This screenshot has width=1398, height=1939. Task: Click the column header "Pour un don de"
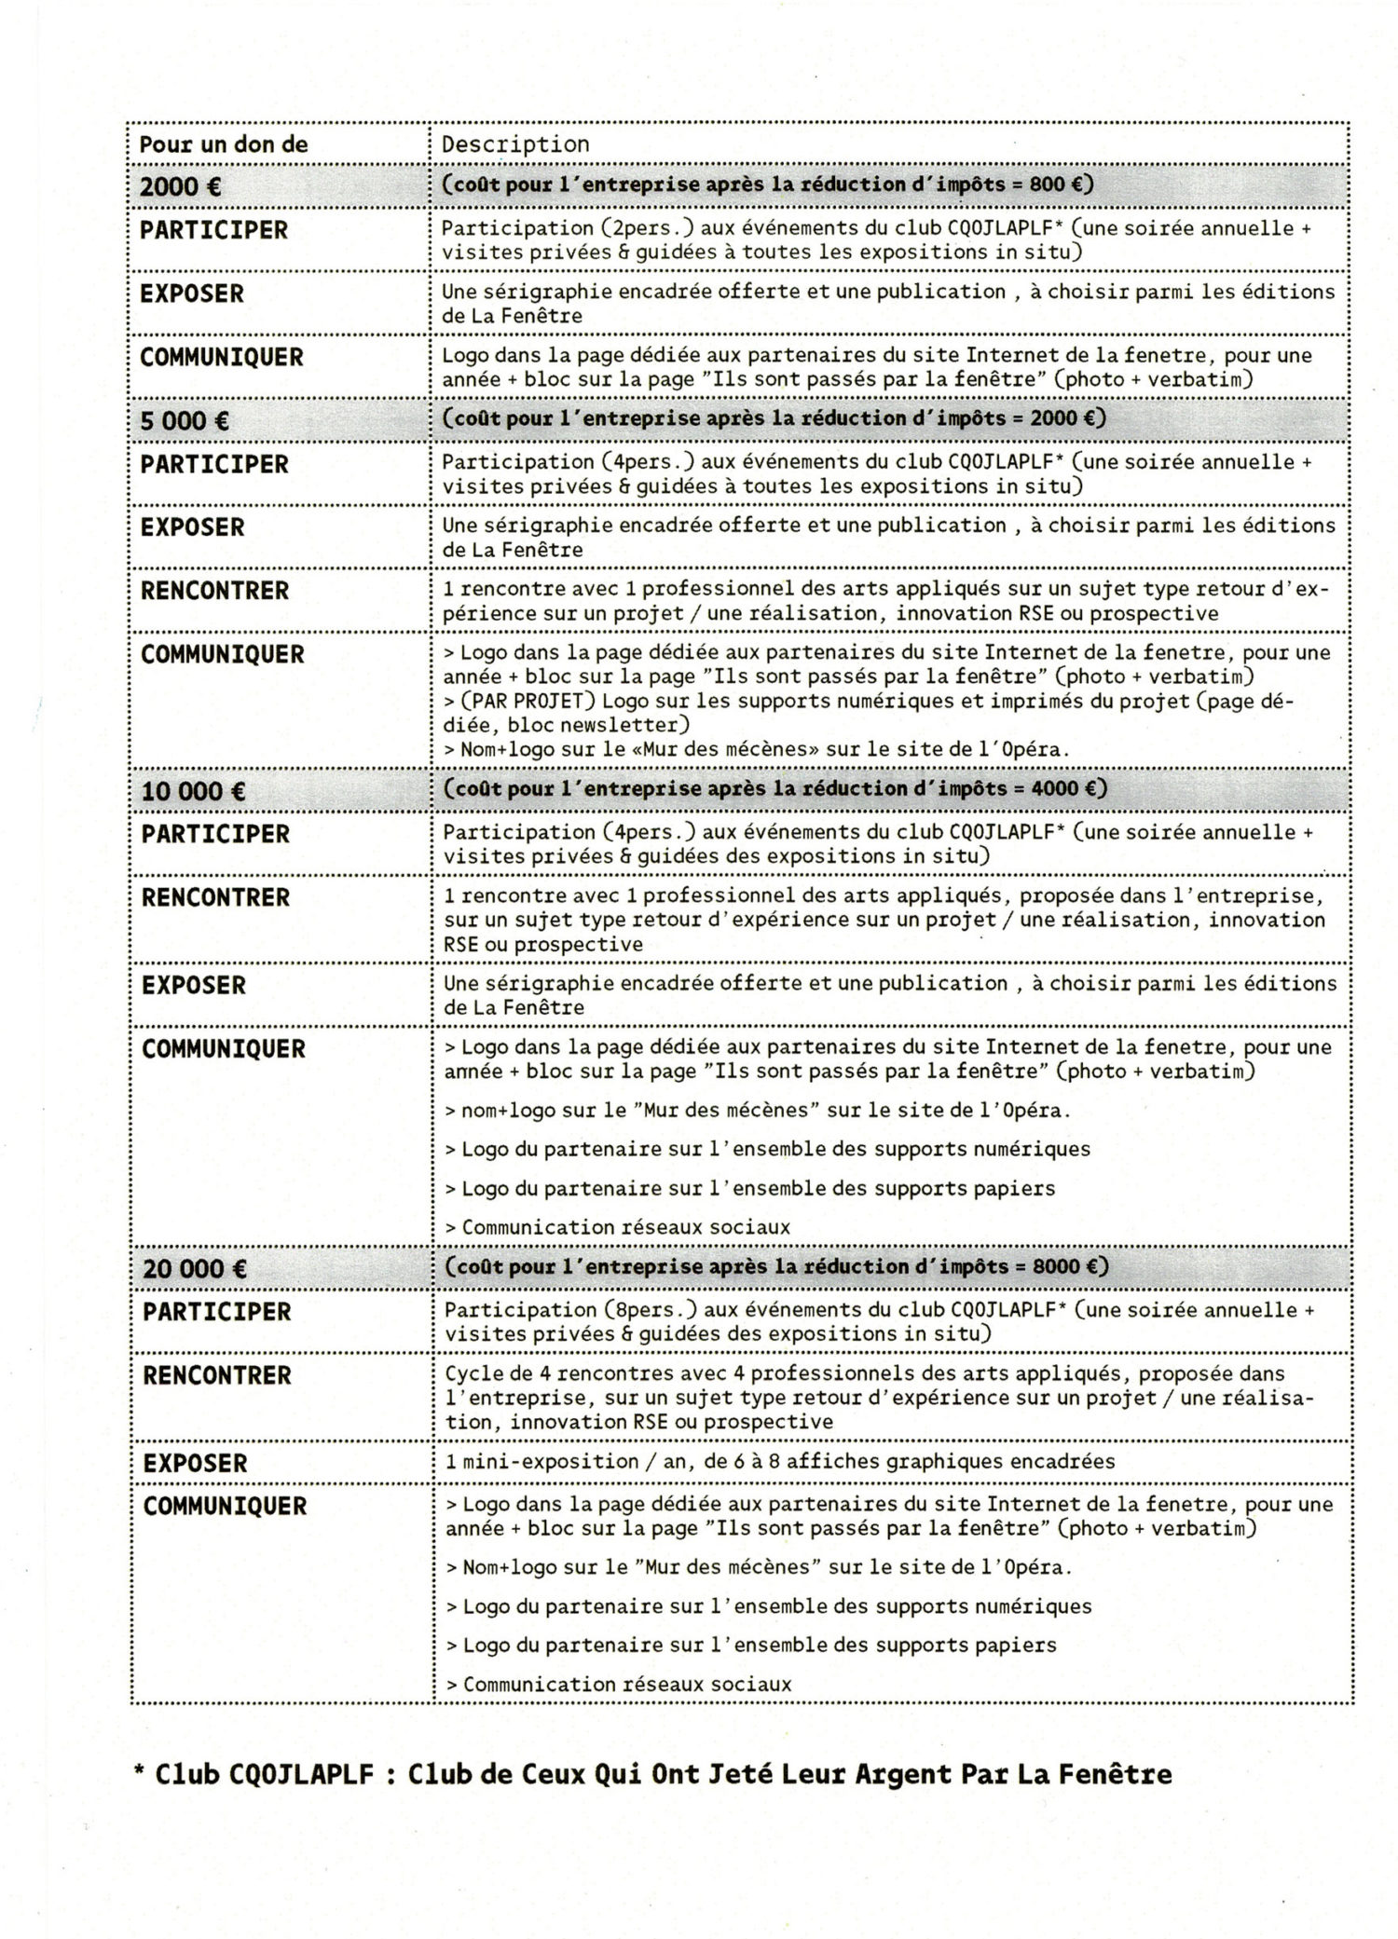[223, 144]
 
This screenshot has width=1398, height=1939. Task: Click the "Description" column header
[515, 144]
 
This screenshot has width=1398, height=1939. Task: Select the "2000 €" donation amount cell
[181, 186]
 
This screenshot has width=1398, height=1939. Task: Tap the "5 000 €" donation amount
[185, 420]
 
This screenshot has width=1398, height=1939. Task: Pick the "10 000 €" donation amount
[194, 791]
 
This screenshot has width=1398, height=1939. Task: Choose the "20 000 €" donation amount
[195, 1268]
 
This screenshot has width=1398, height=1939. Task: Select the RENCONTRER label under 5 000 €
[215, 591]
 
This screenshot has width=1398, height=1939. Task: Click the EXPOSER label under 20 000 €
[196, 1463]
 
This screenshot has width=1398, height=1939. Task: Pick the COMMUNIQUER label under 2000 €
[222, 357]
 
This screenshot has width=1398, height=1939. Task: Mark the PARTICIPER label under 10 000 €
[215, 834]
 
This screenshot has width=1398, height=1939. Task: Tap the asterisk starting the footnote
[139, 1774]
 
